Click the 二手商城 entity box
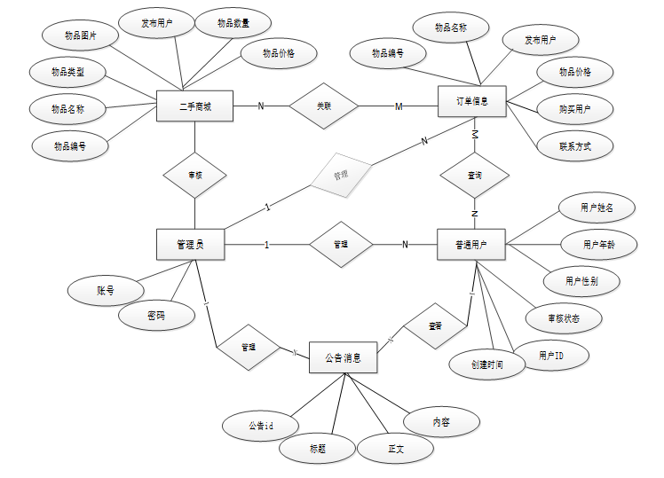194,107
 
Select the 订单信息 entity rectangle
473,102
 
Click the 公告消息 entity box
343,358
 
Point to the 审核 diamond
194,175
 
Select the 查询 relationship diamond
475,176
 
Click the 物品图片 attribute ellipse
81,36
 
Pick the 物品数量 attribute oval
233,24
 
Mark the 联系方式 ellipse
574,146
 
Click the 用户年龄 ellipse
598,244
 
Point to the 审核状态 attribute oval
563,317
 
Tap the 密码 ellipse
157,314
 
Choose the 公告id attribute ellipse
260,426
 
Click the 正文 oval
395,449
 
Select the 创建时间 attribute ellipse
487,364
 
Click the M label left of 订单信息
399,106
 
